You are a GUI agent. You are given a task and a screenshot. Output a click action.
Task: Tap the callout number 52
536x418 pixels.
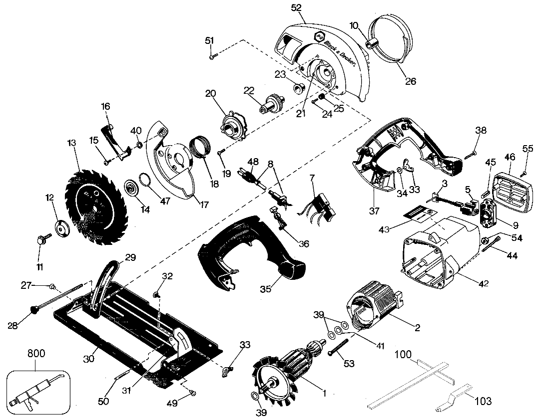click(x=296, y=7)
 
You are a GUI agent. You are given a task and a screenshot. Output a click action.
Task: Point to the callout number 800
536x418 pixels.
click(x=36, y=354)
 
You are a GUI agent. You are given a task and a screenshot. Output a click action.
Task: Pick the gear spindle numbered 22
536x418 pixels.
click(x=271, y=103)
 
